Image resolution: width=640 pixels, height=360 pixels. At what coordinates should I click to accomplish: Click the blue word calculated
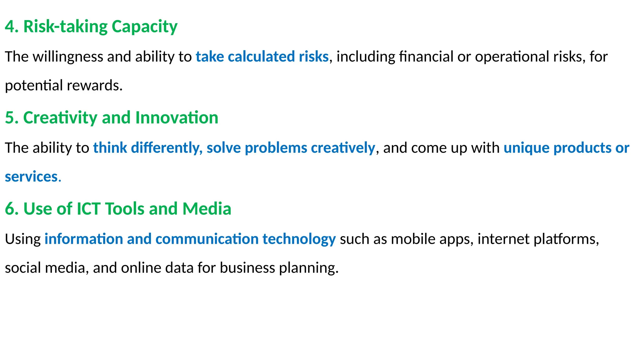(x=261, y=57)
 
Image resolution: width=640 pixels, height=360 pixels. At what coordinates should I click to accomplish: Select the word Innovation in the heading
(x=177, y=118)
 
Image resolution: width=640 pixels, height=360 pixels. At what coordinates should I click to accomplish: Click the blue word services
(x=31, y=177)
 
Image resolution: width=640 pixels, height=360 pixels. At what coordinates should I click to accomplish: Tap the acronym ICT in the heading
(x=89, y=209)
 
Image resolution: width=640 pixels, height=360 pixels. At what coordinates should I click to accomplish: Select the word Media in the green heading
(x=207, y=209)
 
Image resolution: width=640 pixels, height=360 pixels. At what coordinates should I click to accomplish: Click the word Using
(x=23, y=239)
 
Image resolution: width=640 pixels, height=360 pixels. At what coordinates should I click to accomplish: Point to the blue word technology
(x=299, y=239)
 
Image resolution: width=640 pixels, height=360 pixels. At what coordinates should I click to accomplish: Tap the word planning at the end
(x=308, y=268)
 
